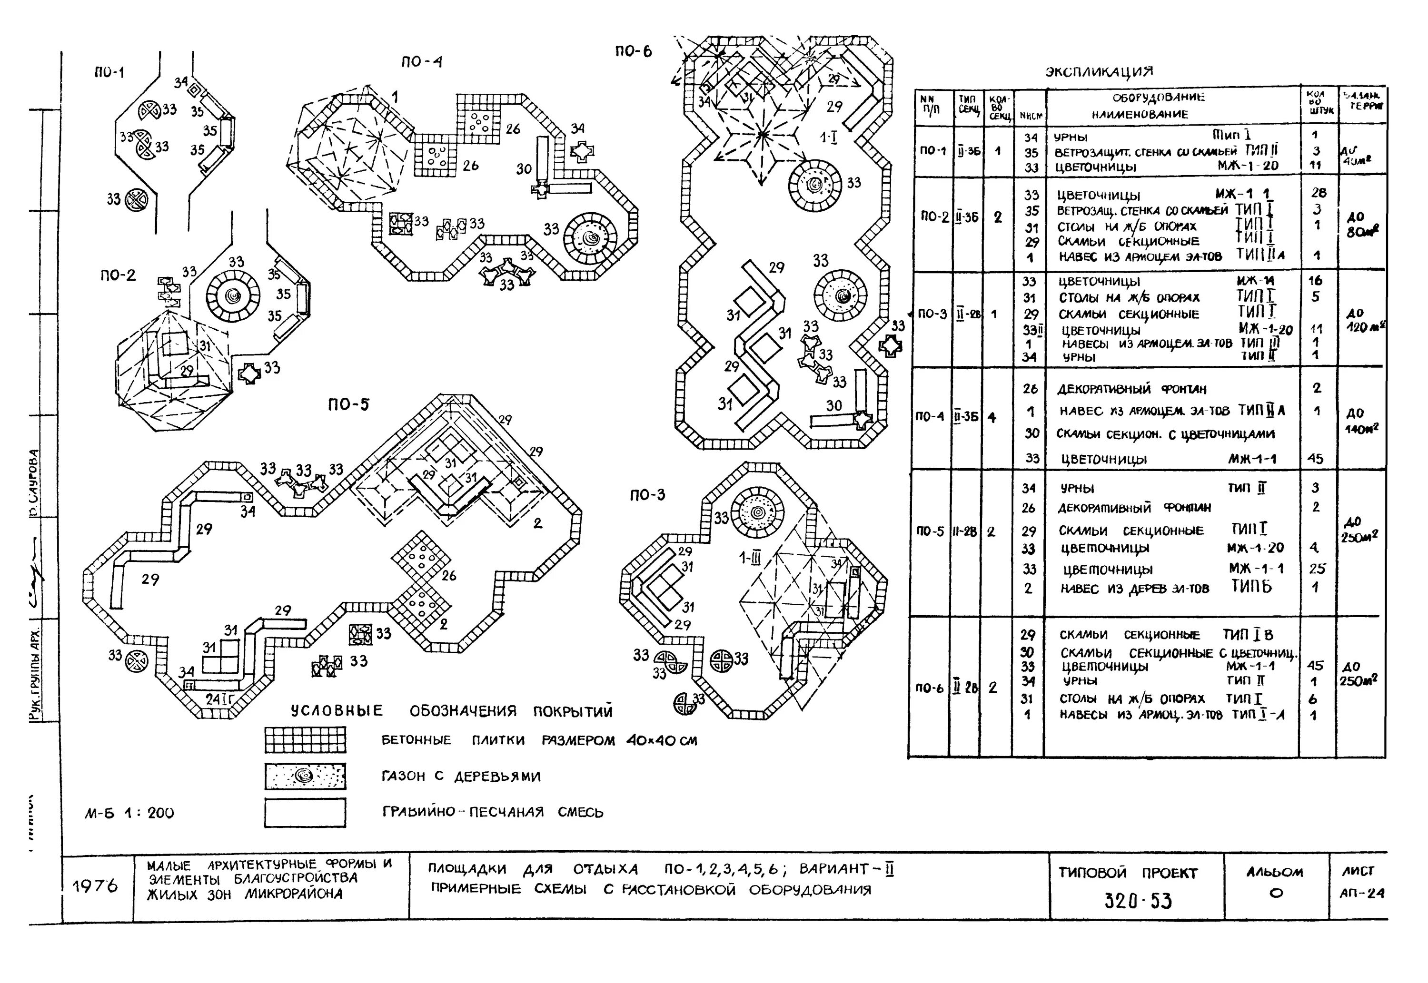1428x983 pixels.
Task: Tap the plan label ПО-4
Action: pos(421,61)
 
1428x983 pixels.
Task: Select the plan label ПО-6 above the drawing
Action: pos(633,52)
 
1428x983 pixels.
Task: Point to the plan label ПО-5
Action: pos(348,404)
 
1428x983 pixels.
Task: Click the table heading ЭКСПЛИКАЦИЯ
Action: pos(1099,71)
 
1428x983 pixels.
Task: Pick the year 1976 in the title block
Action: pos(95,886)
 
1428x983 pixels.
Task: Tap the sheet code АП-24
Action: pos(1361,893)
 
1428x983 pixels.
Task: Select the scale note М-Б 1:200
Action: pos(129,813)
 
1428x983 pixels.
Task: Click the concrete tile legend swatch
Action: pos(305,740)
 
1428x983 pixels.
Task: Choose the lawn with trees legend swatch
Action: pos(305,776)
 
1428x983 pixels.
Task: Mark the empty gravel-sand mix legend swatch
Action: pos(305,812)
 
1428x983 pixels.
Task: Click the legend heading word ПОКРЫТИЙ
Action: pos(573,711)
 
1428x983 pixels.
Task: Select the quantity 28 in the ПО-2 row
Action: pos(1319,193)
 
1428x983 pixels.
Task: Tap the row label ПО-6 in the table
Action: pos(929,688)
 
